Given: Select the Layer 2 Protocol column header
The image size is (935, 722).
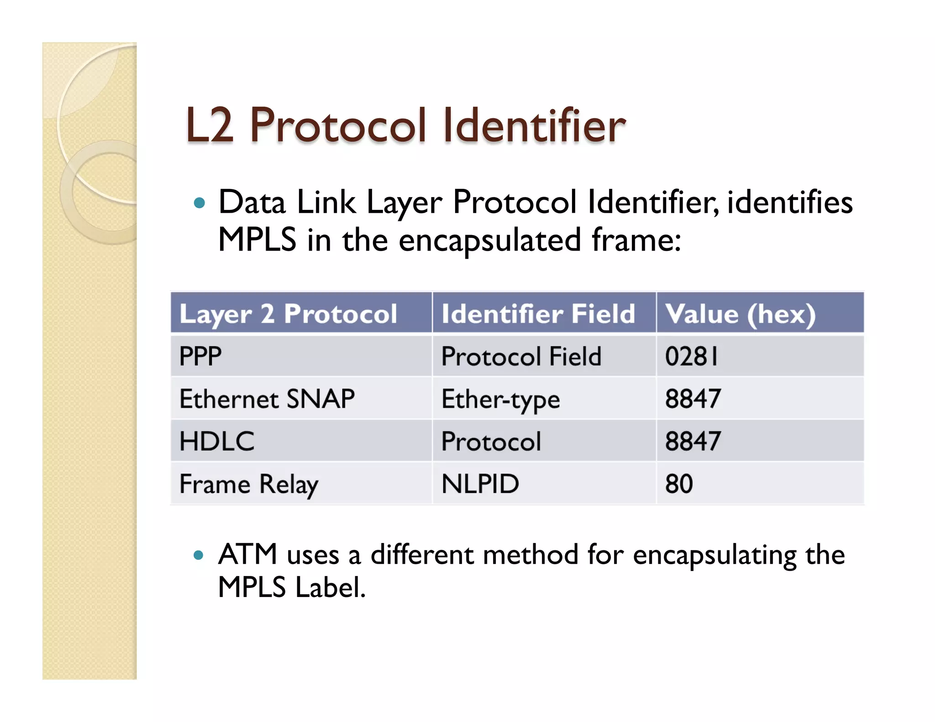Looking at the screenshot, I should (x=288, y=314).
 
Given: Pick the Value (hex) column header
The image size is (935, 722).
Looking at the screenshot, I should (x=740, y=314).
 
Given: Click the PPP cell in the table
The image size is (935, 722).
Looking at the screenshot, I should (x=200, y=356).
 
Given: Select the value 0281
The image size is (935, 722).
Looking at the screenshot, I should (x=691, y=356).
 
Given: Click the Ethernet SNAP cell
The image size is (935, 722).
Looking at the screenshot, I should (x=267, y=399).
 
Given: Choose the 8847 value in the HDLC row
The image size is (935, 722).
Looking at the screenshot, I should (x=693, y=441).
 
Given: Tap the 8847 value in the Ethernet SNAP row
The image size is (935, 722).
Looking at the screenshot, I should (x=693, y=399).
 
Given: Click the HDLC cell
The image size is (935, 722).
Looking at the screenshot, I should (x=217, y=441).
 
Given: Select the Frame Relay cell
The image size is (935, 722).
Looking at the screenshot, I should (x=249, y=484).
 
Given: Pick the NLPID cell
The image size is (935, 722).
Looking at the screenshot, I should (x=480, y=484).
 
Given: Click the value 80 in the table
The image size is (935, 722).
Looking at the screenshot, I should (x=679, y=484).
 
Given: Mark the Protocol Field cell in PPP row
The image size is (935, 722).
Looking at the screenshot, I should (x=521, y=356).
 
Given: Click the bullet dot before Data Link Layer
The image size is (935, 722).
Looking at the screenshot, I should (x=199, y=203).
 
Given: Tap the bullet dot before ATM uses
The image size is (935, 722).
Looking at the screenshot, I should (x=199, y=555).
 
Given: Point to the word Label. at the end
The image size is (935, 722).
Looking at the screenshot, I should (x=331, y=587).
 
